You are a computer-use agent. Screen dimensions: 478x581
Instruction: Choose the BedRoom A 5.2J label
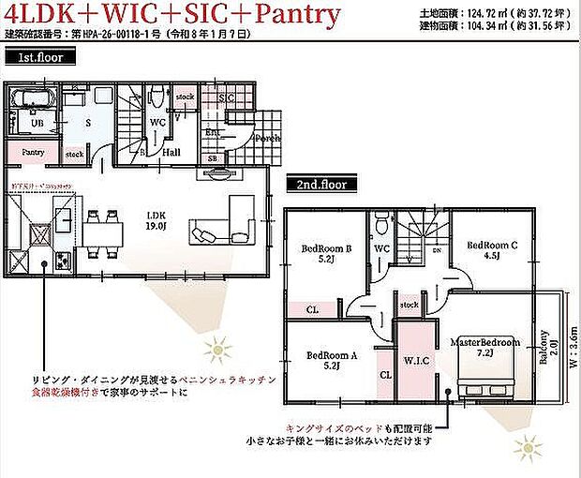click(333, 361)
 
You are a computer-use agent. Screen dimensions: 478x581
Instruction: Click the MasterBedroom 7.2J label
click(484, 349)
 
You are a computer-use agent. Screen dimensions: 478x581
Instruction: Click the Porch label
click(268, 139)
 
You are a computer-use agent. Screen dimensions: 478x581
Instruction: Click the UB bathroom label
click(37, 123)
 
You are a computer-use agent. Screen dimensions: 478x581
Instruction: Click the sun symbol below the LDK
click(219, 351)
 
